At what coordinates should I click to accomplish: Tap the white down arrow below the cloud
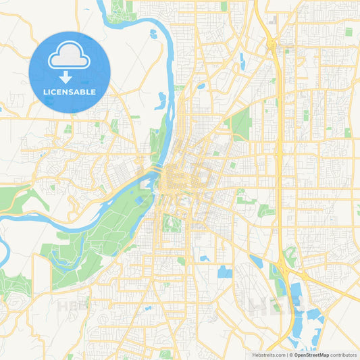point(66,76)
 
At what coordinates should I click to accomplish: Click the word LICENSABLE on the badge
point(70,92)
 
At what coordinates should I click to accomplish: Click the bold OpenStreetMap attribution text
point(313,355)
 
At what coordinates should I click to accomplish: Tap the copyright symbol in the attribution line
point(291,355)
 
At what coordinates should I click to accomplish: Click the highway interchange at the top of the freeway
point(272,45)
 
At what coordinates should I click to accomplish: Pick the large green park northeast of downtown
point(240,125)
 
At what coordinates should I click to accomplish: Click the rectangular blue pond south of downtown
point(224,272)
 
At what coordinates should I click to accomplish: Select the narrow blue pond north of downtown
point(161,101)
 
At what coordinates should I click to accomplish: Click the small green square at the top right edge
point(349,32)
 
